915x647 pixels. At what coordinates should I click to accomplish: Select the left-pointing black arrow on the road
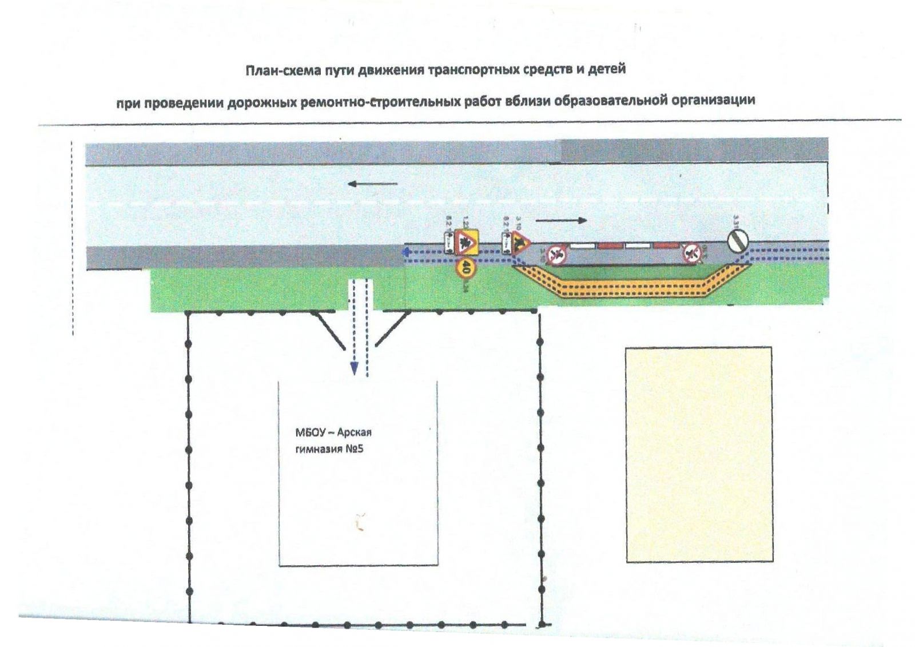[x=372, y=184]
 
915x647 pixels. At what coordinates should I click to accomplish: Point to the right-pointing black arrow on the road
[x=561, y=220]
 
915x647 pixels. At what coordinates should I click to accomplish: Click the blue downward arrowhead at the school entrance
[x=354, y=369]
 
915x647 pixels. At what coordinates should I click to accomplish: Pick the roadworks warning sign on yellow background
[x=467, y=243]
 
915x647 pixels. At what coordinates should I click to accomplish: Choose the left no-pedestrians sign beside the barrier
[x=555, y=254]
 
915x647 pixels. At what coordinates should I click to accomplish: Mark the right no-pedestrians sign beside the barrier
[x=691, y=252]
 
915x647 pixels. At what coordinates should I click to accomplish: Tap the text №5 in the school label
[x=355, y=449]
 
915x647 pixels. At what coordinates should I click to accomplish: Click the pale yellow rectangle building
[x=699, y=454]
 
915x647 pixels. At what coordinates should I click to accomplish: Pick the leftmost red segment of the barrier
[x=611, y=246]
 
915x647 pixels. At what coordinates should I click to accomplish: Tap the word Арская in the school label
[x=354, y=432]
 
